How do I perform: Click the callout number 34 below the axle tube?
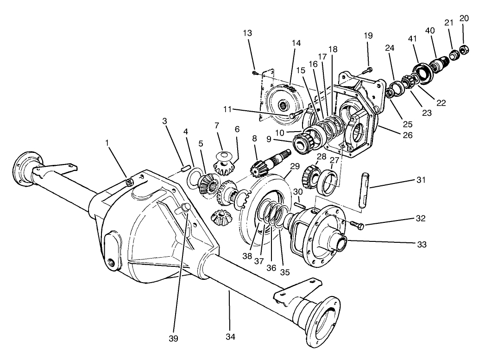tap(230, 337)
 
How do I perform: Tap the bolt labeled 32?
tap(356, 224)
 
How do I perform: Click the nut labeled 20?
tap(465, 49)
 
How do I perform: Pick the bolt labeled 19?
tap(366, 70)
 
